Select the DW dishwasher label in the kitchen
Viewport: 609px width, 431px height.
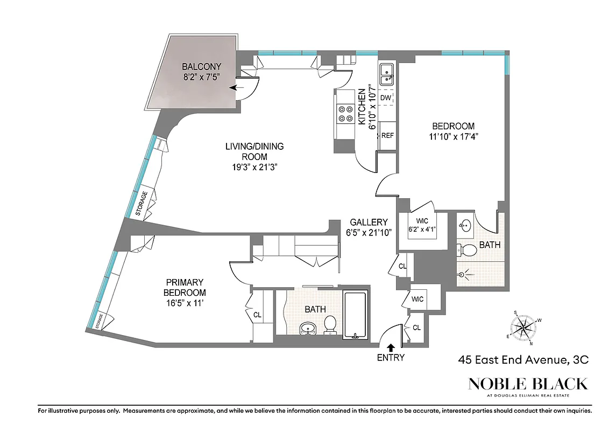(x=385, y=98)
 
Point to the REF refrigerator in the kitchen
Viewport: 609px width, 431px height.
(x=387, y=135)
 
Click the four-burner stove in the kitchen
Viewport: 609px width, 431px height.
(x=345, y=114)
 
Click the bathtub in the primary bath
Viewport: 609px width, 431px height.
(x=355, y=315)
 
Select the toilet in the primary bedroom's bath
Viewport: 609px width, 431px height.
(x=330, y=324)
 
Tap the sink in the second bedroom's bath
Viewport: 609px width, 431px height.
(x=465, y=225)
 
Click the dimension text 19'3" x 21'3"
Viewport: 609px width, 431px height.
(x=254, y=167)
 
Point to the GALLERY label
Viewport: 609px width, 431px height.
(x=369, y=222)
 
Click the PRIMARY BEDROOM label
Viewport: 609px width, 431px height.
(x=185, y=287)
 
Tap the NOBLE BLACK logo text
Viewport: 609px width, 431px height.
(x=527, y=384)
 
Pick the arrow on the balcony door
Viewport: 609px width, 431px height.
(x=235, y=87)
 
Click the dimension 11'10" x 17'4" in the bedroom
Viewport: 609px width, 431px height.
(x=453, y=136)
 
